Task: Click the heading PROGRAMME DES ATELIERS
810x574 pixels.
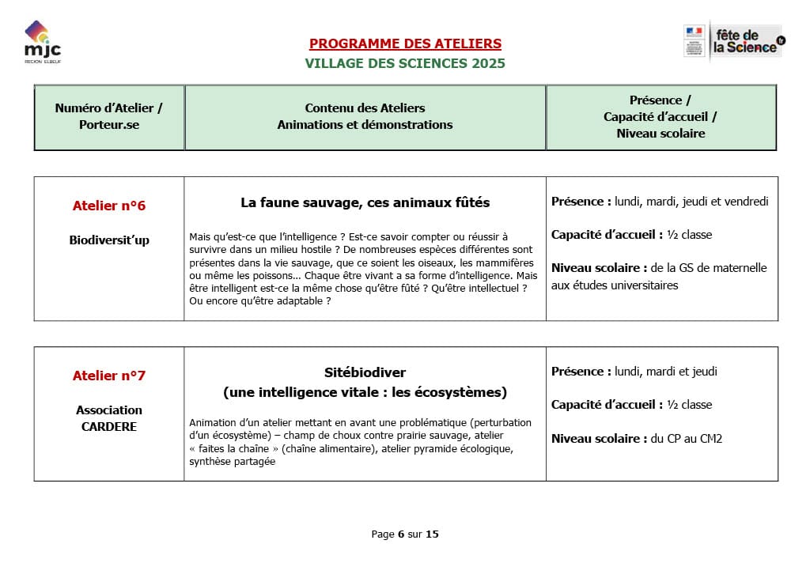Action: click(x=405, y=44)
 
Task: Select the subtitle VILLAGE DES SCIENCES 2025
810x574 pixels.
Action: click(x=405, y=63)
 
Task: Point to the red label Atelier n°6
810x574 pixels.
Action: click(x=109, y=206)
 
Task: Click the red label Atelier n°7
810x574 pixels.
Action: click(x=109, y=376)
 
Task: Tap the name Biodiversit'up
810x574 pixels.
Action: click(x=109, y=240)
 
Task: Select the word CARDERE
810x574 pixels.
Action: click(x=109, y=427)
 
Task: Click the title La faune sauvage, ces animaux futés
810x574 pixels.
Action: click(x=365, y=203)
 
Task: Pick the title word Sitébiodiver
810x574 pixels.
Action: click(x=365, y=372)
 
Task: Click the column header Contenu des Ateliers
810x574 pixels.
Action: click(x=365, y=108)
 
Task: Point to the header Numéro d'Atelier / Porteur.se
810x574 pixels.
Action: click(x=109, y=116)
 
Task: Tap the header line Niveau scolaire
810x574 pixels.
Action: click(x=660, y=134)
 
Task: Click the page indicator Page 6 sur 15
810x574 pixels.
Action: click(x=405, y=534)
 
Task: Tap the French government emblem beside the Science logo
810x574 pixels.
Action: click(x=694, y=40)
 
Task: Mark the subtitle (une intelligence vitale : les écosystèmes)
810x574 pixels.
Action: click(x=365, y=392)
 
